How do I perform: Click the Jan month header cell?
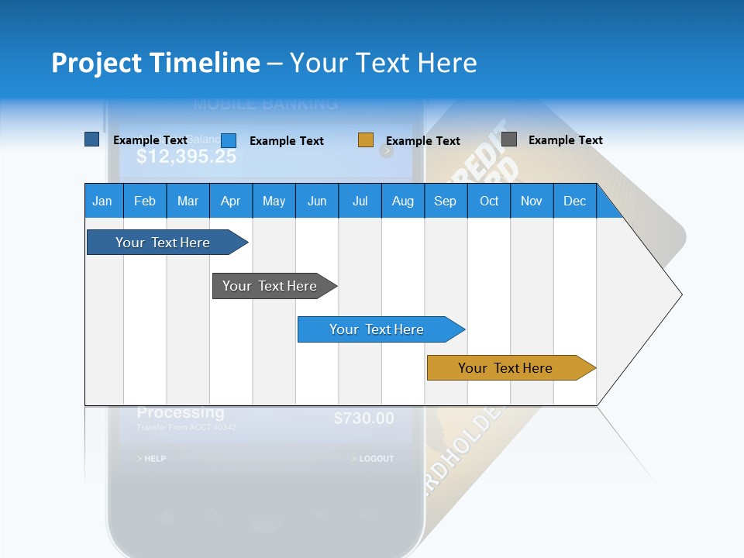[x=102, y=201]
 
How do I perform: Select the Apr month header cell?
[x=231, y=201]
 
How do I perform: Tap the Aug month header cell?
[x=402, y=201]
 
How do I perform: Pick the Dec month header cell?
[x=574, y=201]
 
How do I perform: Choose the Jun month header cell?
[x=317, y=201]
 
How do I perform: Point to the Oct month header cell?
[x=489, y=201]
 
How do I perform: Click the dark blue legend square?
[x=92, y=139]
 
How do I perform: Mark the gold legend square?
[x=366, y=140]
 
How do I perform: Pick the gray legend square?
[x=509, y=139]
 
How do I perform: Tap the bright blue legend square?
[x=229, y=140]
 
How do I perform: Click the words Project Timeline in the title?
[x=156, y=63]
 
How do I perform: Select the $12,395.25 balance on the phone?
[x=186, y=157]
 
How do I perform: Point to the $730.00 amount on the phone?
[x=363, y=418]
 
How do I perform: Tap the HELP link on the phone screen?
[x=152, y=459]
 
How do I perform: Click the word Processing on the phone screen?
[x=181, y=413]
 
